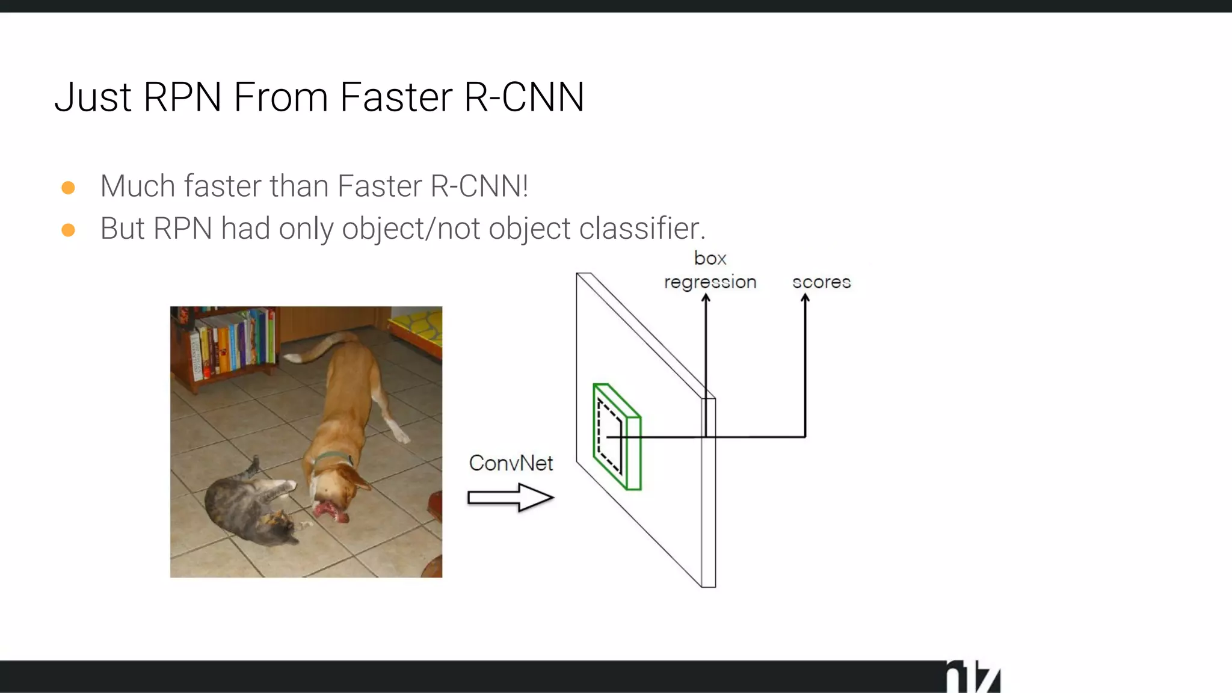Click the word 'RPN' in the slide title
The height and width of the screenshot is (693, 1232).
pos(182,97)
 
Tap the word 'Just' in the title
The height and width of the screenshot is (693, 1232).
pos(93,97)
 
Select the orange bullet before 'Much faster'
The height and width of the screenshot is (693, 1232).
pos(69,188)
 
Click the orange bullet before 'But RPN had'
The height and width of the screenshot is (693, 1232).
pos(69,230)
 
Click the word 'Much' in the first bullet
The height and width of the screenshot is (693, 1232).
pos(137,186)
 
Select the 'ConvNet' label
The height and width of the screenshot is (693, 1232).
pos(511,463)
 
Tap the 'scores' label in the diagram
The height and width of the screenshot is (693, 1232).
pos(821,282)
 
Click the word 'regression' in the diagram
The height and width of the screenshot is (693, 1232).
pos(710,282)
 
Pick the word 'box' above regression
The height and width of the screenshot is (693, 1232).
pos(710,258)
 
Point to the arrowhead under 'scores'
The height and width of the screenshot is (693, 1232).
pos(805,298)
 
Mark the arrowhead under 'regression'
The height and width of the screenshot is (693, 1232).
pos(706,298)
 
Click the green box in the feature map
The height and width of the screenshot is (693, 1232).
pos(617,437)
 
